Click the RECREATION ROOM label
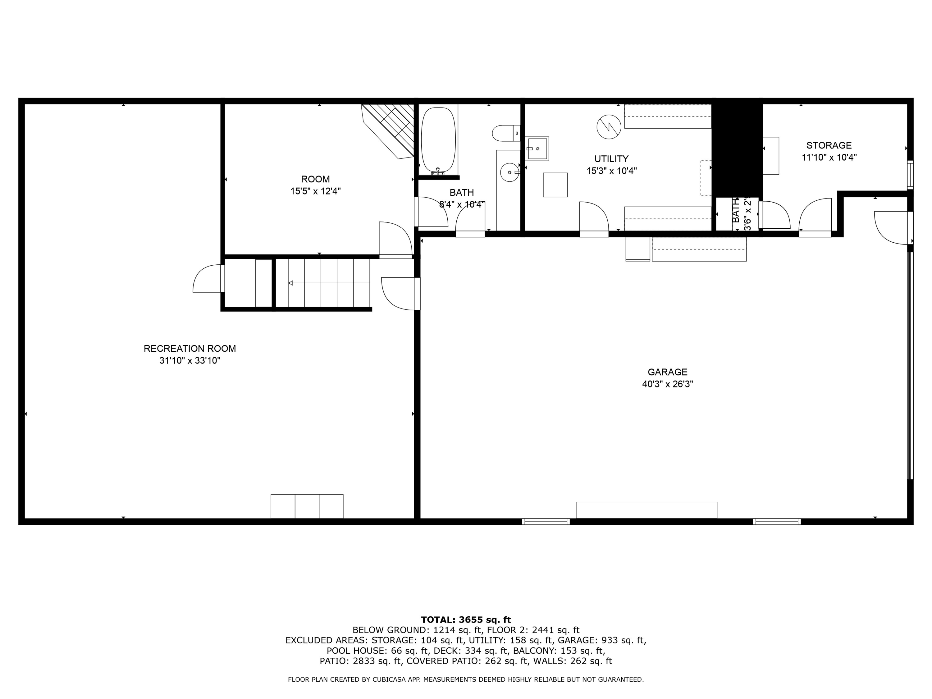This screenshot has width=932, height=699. (190, 349)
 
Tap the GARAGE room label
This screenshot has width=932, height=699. (667, 372)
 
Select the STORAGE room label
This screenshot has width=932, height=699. (829, 145)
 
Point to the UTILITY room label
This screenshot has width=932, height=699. (611, 159)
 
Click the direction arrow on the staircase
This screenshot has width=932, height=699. (291, 283)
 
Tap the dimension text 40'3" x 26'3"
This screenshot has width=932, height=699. (667, 384)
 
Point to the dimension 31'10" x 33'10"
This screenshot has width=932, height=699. (190, 361)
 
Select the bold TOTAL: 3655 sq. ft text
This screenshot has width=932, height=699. (466, 620)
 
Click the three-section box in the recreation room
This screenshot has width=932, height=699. (307, 506)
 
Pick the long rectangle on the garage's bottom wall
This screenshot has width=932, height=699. (646, 510)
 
